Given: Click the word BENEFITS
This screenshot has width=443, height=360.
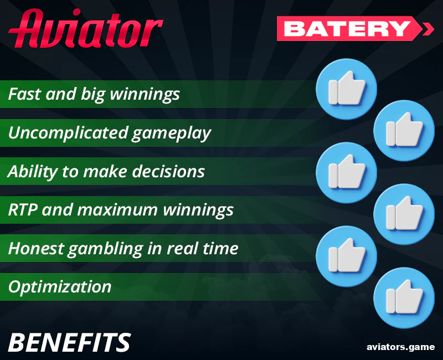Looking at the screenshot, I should [69, 343].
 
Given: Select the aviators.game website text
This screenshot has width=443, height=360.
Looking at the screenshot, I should [400, 347].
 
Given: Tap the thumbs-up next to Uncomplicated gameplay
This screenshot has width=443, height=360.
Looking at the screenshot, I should [404, 131].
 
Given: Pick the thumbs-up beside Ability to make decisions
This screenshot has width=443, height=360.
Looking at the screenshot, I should [346, 172].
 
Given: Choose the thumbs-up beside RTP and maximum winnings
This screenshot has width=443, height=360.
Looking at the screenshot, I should [404, 214].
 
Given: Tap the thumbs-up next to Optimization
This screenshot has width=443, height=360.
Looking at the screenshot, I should [404, 297].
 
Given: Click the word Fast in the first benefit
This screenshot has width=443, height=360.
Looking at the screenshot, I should [24, 94].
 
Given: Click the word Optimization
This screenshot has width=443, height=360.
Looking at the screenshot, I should [60, 287].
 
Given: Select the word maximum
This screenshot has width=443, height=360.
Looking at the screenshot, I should [122, 210].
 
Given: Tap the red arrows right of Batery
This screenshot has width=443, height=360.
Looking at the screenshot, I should [428, 28].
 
